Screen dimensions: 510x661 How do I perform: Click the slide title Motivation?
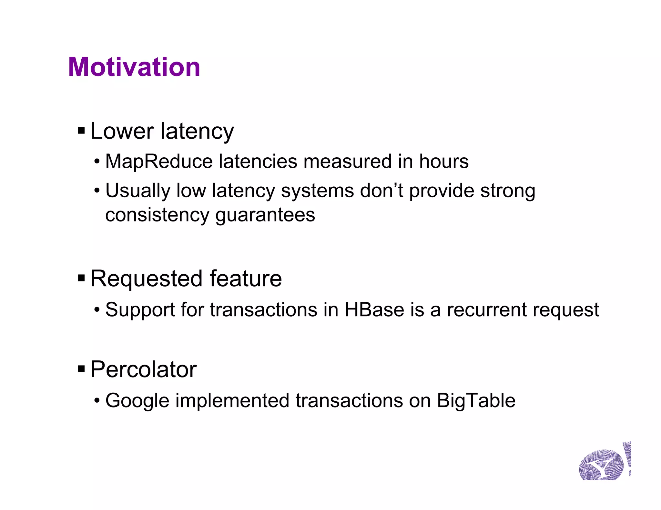134,67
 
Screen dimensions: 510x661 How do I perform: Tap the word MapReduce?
159,161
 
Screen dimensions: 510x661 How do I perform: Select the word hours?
443,161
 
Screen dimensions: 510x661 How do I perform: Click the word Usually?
137,191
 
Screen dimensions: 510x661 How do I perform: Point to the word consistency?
157,215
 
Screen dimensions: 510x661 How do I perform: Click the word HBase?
374,310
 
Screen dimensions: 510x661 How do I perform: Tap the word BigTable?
476,401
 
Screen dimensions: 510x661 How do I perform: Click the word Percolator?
143,369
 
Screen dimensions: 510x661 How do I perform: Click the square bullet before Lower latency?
81,131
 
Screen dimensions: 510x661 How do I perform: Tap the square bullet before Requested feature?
81,278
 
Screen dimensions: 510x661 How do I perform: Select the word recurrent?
486,310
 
